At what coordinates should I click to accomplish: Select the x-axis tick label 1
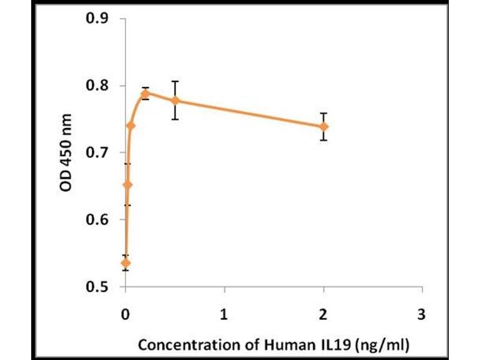pyautogui.click(x=224, y=314)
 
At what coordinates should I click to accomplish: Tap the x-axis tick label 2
pyautogui.click(x=323, y=314)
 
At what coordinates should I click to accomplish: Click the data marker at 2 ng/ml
pyautogui.click(x=324, y=127)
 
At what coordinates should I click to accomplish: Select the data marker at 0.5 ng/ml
pyautogui.click(x=175, y=100)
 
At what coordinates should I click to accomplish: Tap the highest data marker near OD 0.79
pyautogui.click(x=145, y=94)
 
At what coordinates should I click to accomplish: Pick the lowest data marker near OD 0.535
pyautogui.click(x=125, y=263)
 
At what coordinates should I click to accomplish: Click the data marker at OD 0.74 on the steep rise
pyautogui.click(x=131, y=125)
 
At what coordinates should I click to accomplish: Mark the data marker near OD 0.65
pyautogui.click(x=127, y=184)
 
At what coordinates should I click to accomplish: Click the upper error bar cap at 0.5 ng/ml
pyautogui.click(x=175, y=81)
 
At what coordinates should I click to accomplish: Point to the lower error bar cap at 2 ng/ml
pyautogui.click(x=324, y=140)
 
